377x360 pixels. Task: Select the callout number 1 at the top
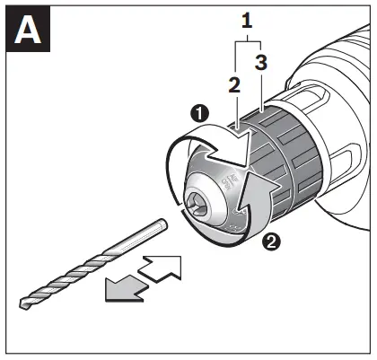tap(247, 20)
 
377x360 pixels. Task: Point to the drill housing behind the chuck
tap(332, 126)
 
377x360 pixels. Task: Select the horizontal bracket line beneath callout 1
tap(246, 41)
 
